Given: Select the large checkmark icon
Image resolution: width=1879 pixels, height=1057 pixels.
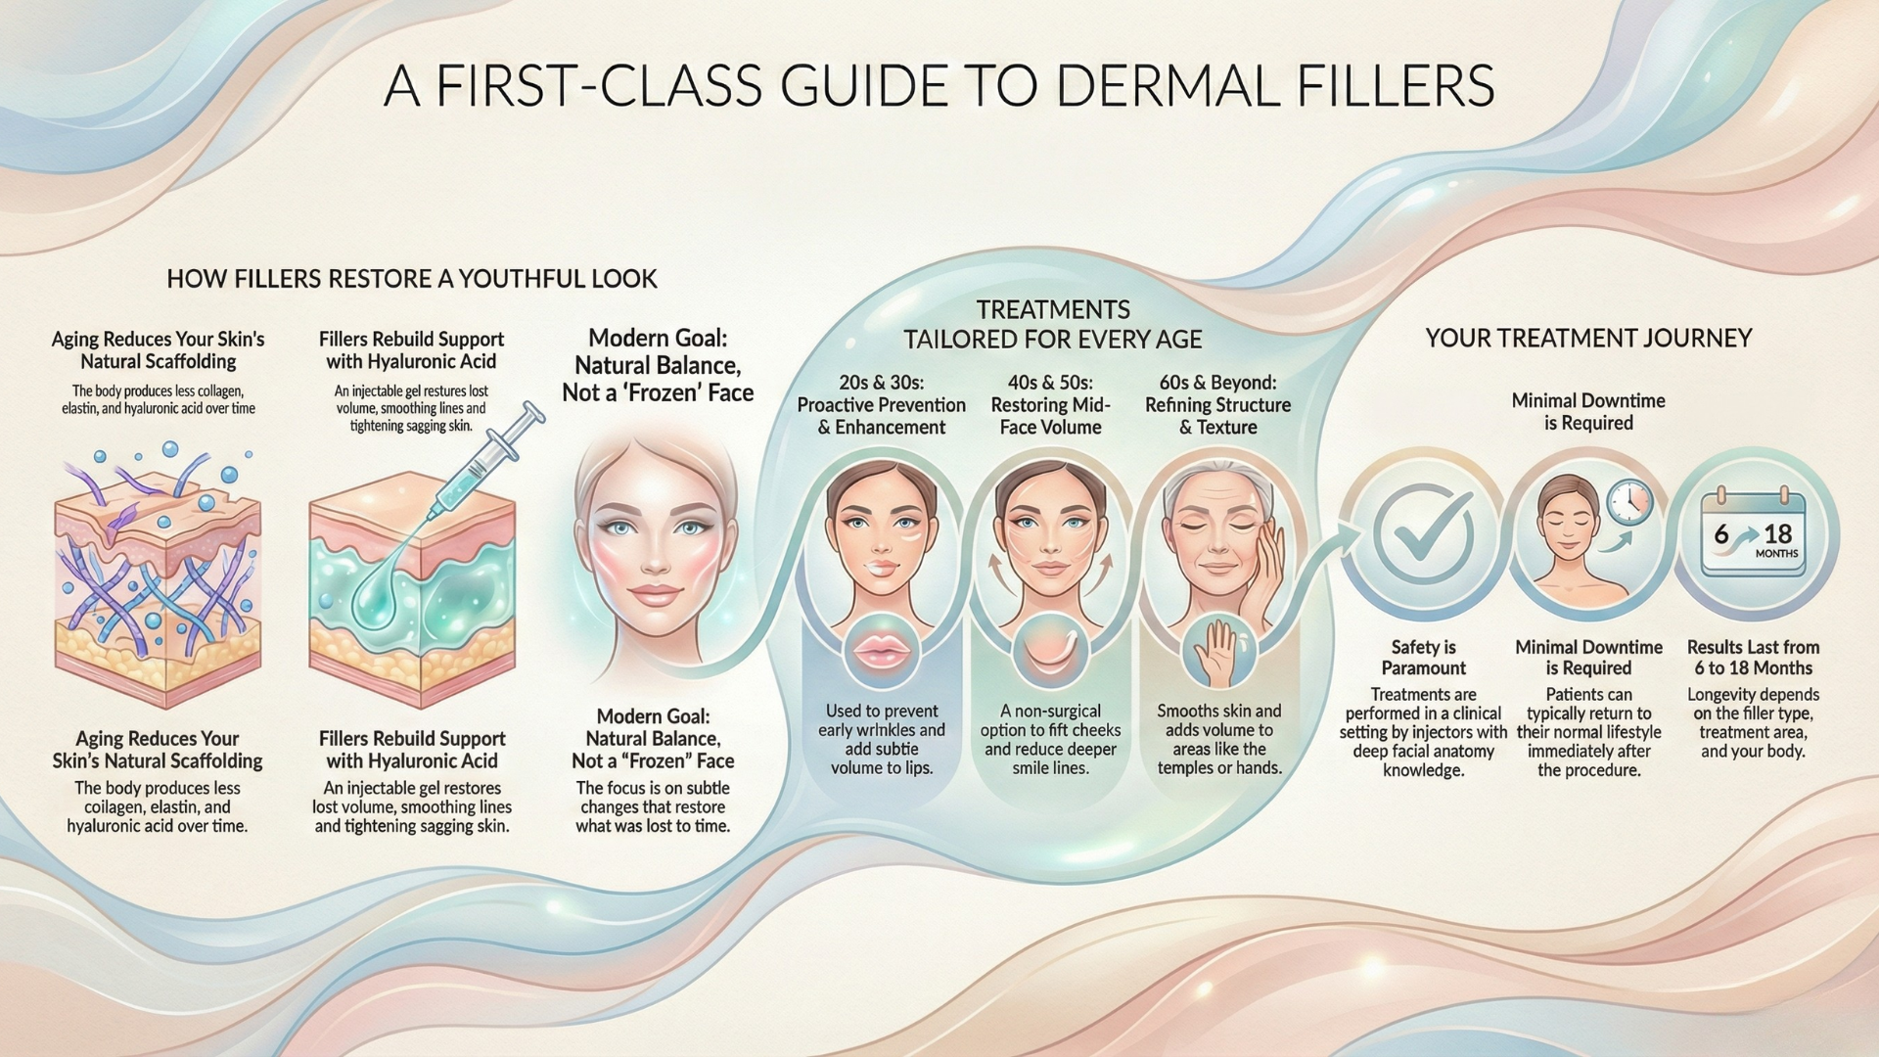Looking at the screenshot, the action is (1423, 533).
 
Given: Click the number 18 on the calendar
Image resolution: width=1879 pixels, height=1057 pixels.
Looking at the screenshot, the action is (1777, 534).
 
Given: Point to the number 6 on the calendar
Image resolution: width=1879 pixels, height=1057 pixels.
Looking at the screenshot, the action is (1721, 534).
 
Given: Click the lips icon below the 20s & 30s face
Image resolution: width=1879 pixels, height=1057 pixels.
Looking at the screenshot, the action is (881, 651).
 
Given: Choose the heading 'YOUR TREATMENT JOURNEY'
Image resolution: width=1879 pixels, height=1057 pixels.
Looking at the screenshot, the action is (1588, 339).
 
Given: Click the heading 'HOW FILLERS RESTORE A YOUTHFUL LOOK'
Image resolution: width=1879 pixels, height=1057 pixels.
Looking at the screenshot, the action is (412, 279).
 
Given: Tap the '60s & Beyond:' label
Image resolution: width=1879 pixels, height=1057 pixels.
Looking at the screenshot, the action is (1217, 383).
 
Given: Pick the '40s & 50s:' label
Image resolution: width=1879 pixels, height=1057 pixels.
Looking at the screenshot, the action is (1050, 383).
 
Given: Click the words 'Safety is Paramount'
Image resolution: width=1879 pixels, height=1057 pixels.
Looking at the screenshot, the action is (1423, 658).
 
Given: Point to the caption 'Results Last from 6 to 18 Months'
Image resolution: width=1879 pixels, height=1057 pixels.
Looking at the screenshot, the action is (1753, 658).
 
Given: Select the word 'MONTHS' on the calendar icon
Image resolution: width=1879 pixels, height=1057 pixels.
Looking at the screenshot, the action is (1776, 554).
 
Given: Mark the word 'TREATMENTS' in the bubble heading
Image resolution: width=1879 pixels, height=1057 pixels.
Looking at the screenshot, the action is (1053, 310).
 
